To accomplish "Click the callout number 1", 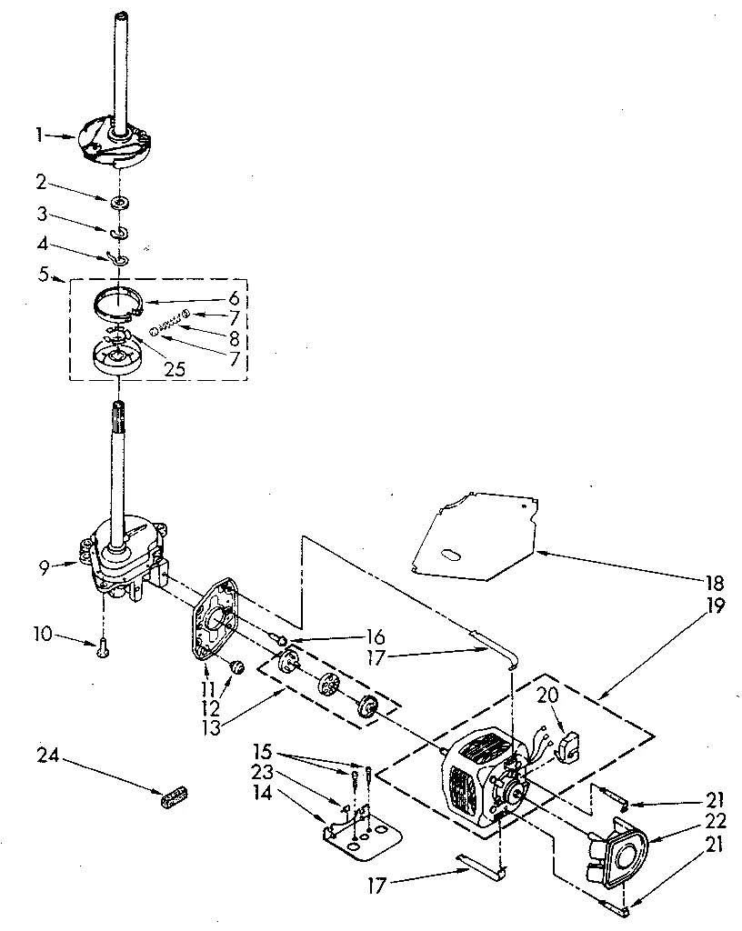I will [40, 135].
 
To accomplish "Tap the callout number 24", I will [47, 755].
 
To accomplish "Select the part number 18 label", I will [715, 583].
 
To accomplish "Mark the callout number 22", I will [716, 822].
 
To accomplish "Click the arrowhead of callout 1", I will [76, 136].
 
